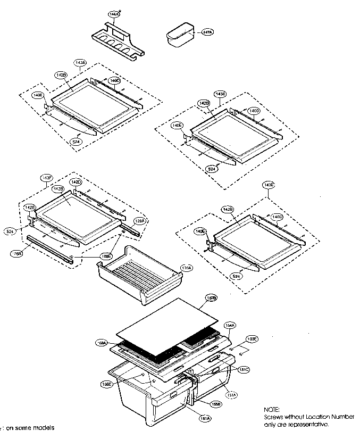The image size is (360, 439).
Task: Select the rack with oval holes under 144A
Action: (x=119, y=43)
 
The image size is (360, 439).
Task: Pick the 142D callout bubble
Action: (x=76, y=182)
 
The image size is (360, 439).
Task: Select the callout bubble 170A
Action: (x=187, y=268)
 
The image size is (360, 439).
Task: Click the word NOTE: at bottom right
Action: (x=272, y=409)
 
